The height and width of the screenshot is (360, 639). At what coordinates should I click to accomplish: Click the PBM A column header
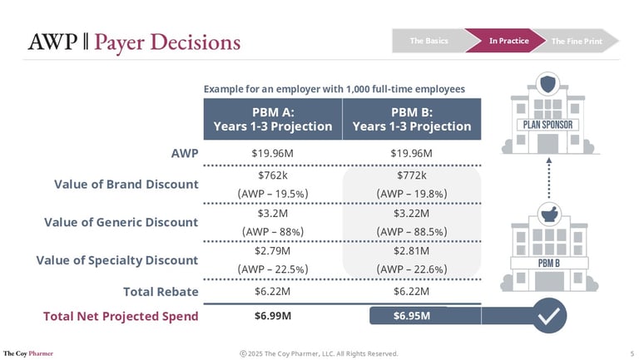(x=272, y=120)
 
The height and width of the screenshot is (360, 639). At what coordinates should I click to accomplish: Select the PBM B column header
(x=411, y=120)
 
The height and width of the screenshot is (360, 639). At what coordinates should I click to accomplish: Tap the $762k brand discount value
(x=272, y=175)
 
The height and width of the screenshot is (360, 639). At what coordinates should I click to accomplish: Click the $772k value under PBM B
(x=411, y=175)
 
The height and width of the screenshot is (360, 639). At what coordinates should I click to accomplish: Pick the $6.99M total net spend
(x=272, y=316)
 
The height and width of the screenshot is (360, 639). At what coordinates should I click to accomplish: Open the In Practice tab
(x=508, y=40)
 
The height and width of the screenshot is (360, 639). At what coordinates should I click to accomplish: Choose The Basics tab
(x=428, y=40)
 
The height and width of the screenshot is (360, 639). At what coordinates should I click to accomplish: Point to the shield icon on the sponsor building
(x=549, y=83)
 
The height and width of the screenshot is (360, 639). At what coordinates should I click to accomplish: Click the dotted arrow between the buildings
(x=549, y=181)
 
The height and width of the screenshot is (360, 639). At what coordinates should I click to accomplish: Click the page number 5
(x=632, y=353)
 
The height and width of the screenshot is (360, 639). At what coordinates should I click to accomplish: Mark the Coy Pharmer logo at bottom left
(x=28, y=353)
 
